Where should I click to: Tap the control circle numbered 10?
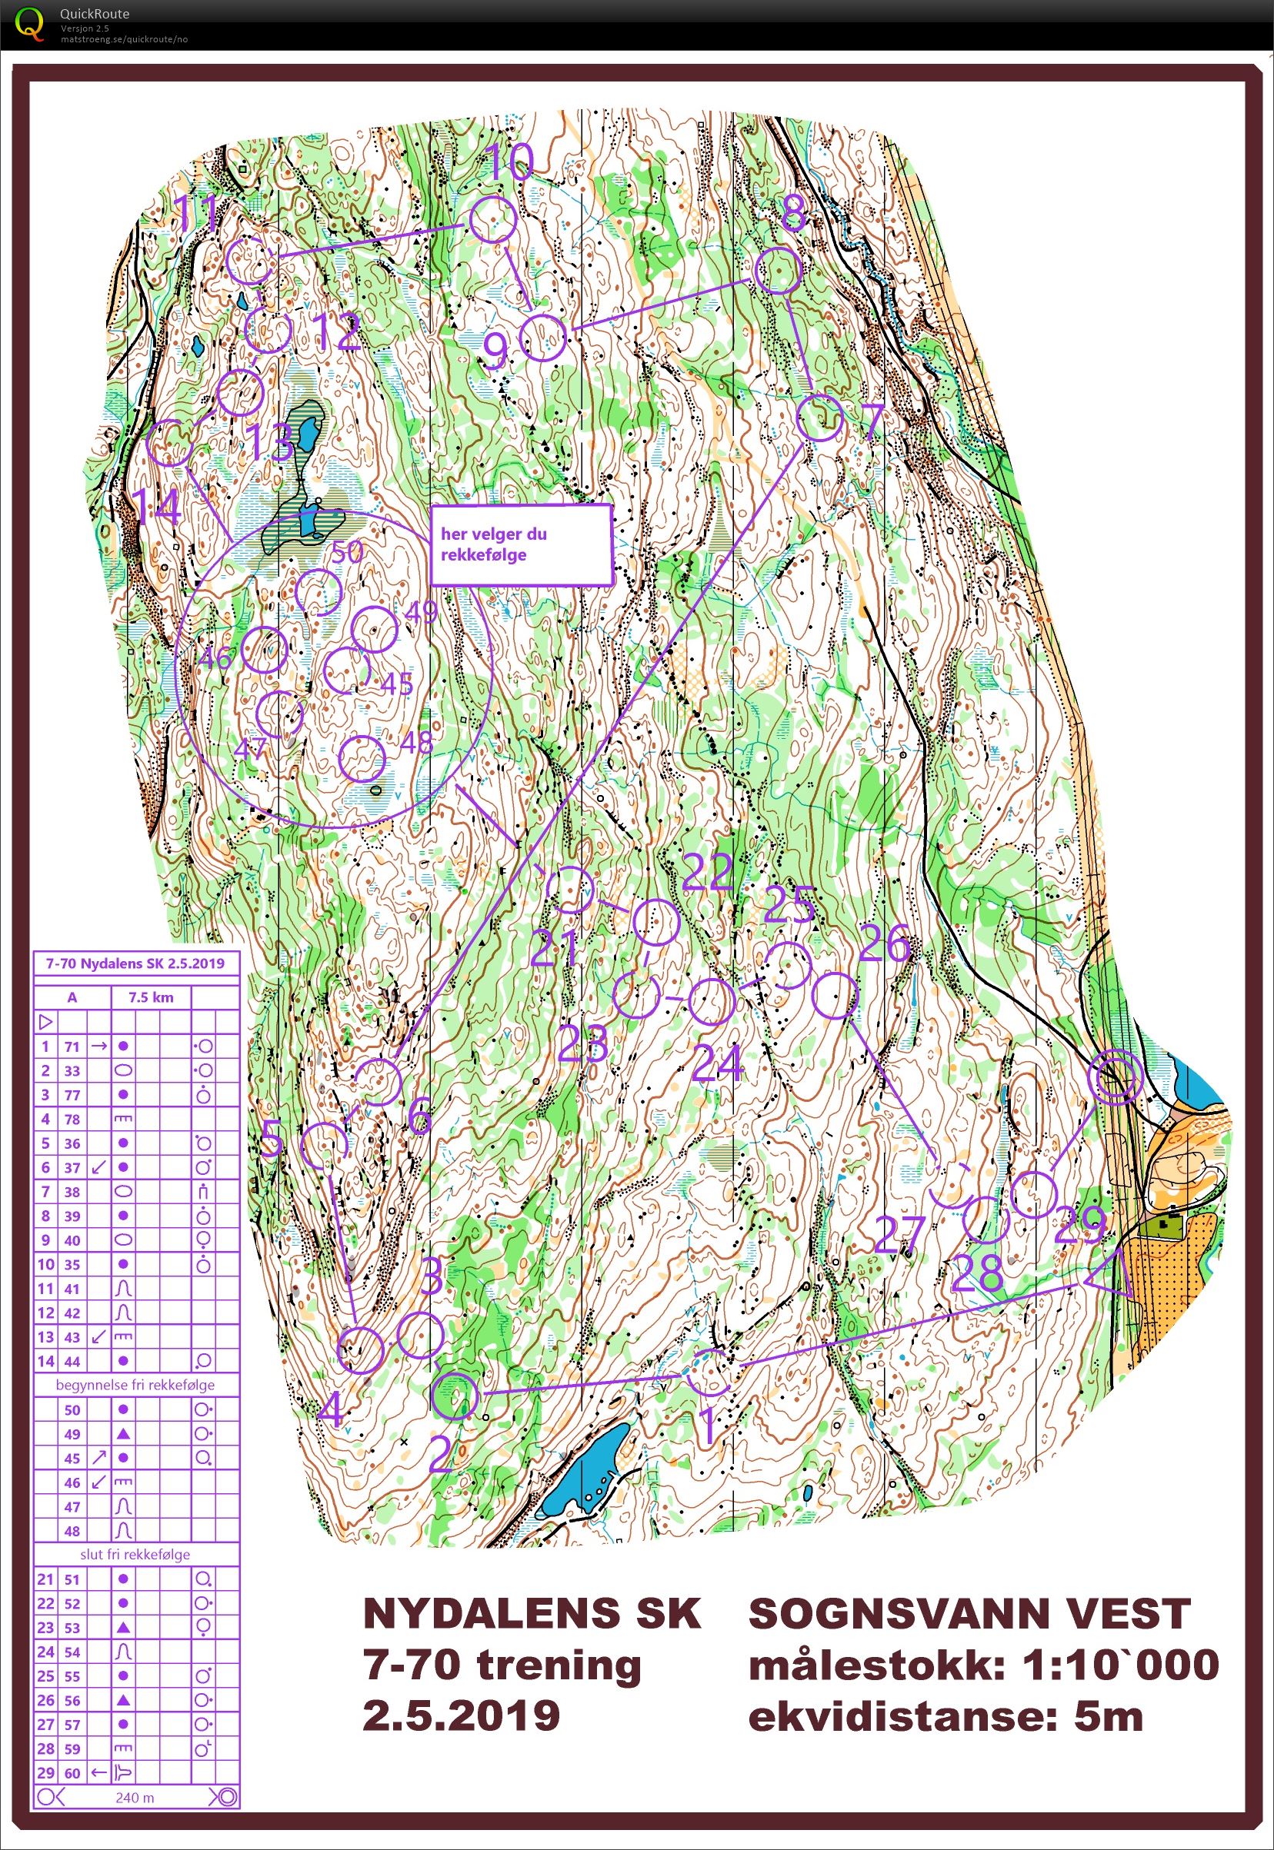coord(492,221)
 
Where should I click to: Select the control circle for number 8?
coord(778,271)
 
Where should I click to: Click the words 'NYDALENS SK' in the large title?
coord(532,1613)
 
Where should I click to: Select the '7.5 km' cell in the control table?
coord(150,997)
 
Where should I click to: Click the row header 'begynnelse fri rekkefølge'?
coord(135,1385)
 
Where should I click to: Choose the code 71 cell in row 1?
coord(72,1046)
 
